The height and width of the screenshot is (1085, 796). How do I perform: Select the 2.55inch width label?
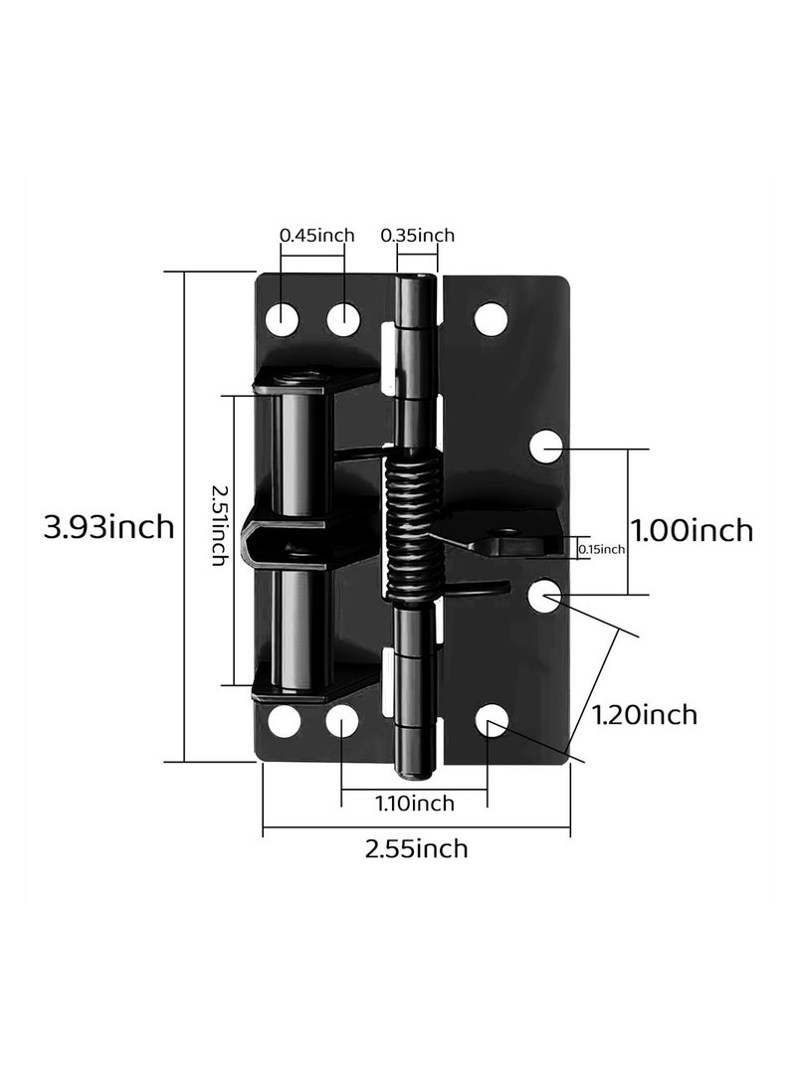(x=416, y=848)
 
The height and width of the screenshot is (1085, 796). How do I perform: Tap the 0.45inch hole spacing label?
(x=316, y=235)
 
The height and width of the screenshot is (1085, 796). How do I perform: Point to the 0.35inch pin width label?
(x=417, y=235)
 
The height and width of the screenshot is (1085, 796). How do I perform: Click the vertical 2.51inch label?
(x=220, y=540)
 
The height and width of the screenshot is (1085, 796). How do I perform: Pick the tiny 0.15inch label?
(x=601, y=548)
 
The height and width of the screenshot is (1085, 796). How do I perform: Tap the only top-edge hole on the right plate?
(x=489, y=318)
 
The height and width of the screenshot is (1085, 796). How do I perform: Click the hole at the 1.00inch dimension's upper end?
(x=545, y=449)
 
